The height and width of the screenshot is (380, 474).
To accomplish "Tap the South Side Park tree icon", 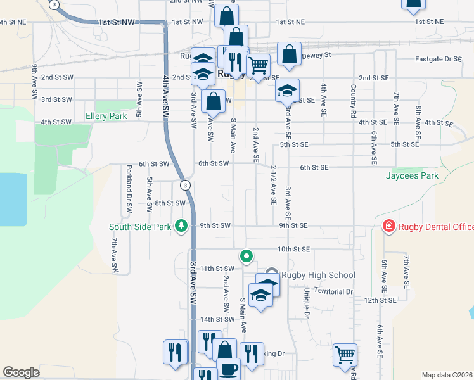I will point(181,226).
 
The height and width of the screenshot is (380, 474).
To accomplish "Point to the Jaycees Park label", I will point(412,175).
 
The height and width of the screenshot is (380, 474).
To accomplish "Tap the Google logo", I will point(22,372).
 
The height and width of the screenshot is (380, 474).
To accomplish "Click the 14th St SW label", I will point(200,319).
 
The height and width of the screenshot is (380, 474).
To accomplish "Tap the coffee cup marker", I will point(228,368).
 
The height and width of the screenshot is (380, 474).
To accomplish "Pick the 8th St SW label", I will point(169,203).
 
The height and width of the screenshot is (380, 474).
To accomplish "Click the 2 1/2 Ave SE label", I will point(273,186).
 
